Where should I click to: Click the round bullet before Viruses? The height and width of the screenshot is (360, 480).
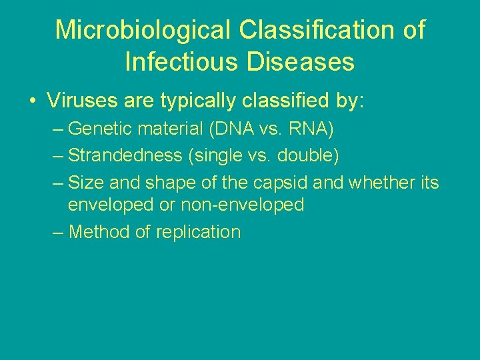click(32, 102)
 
